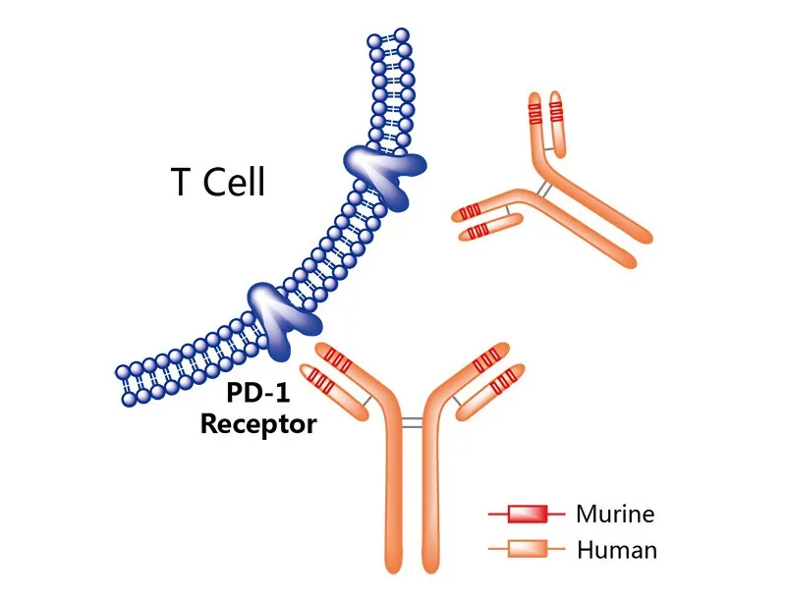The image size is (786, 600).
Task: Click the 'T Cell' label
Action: tap(217, 183)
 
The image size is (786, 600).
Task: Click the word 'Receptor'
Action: tap(258, 425)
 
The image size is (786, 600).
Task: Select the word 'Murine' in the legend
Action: tap(615, 514)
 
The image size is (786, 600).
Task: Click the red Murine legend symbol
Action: tap(527, 514)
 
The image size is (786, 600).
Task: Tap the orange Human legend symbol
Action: tap(527, 549)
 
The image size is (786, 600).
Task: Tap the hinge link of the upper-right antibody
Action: tap(540, 186)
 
